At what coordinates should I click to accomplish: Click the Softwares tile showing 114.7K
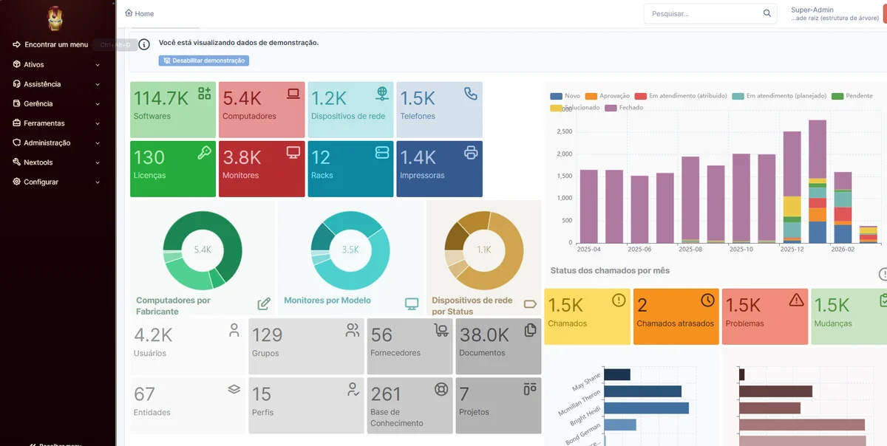tap(173, 109)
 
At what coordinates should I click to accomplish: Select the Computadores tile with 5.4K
tap(262, 109)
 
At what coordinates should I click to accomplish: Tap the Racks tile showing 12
tap(350, 168)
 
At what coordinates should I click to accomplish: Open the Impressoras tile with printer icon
tap(439, 168)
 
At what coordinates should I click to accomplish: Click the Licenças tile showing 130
tap(173, 168)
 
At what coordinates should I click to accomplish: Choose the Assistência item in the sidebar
tap(42, 84)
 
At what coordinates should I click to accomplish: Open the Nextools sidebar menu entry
tap(38, 162)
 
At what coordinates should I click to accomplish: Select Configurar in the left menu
tap(41, 182)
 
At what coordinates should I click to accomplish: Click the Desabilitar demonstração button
tap(203, 61)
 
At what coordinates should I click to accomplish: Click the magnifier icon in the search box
tap(767, 13)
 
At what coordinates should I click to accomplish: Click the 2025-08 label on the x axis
tap(689, 250)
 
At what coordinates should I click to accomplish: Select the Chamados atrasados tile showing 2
tap(676, 316)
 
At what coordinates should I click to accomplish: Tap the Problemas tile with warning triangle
tap(764, 316)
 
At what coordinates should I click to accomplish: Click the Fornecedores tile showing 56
tap(409, 346)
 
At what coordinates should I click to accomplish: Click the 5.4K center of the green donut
tap(203, 250)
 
